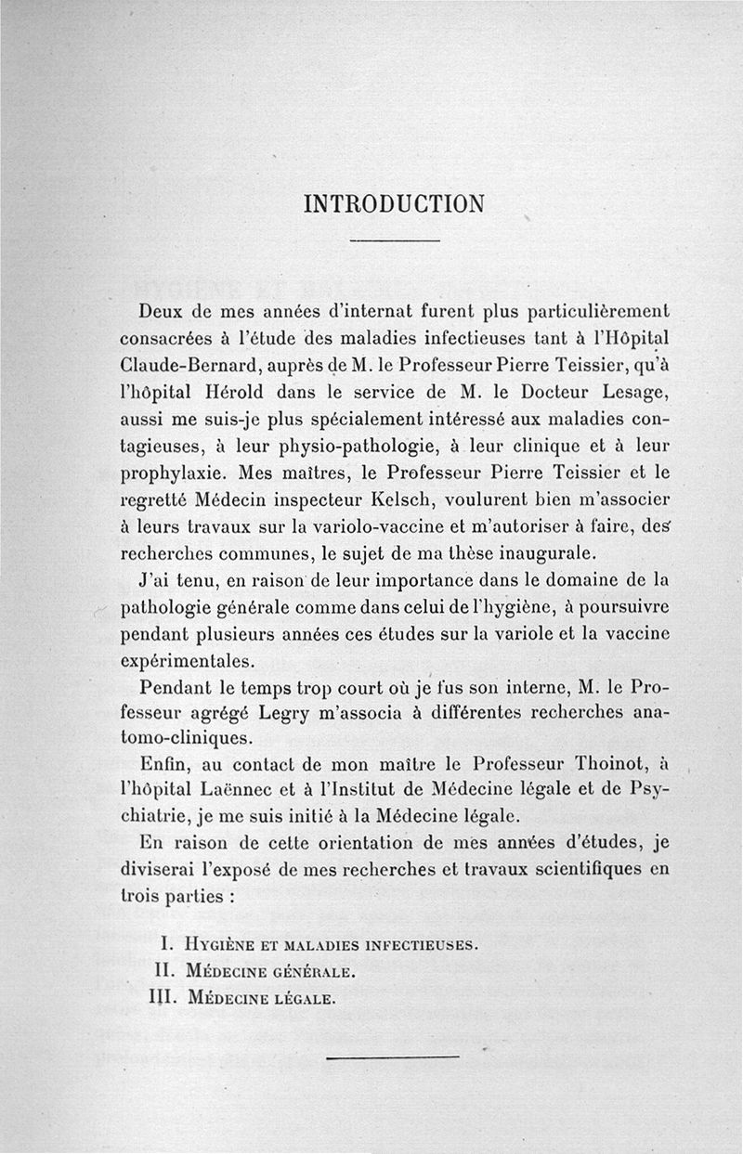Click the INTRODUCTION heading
pos(394,203)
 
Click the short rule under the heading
pos(394,241)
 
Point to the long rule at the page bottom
pos(394,1056)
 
